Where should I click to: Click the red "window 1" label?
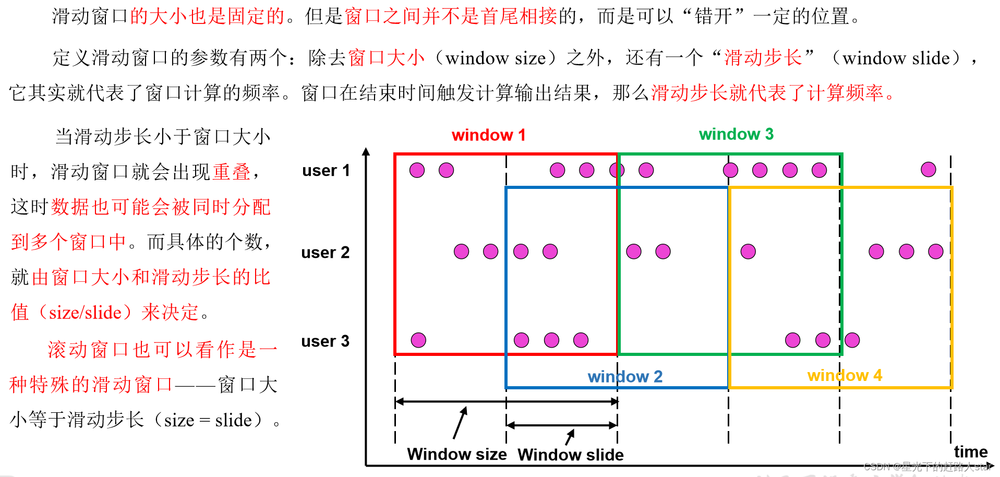tap(488, 135)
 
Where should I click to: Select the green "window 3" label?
tap(736, 134)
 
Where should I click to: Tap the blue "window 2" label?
tap(625, 376)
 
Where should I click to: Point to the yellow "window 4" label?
tap(845, 375)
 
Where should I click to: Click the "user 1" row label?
tap(326, 171)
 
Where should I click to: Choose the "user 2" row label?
tap(325, 253)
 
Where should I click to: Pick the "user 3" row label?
tap(325, 341)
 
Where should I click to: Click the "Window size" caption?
tap(456, 454)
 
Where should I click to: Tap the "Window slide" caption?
tap(570, 455)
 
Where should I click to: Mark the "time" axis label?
tap(970, 451)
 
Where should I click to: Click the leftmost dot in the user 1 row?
tap(417, 170)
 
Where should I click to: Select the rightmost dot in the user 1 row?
tap(928, 170)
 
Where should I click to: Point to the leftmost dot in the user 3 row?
tap(418, 340)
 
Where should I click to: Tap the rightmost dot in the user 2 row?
tap(935, 252)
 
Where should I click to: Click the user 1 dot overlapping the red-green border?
tap(617, 170)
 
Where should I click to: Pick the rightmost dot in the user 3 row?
tap(852, 340)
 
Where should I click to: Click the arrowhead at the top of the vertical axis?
tap(366, 152)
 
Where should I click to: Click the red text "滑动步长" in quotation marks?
tap(763, 57)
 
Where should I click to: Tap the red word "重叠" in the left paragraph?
tap(232, 172)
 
